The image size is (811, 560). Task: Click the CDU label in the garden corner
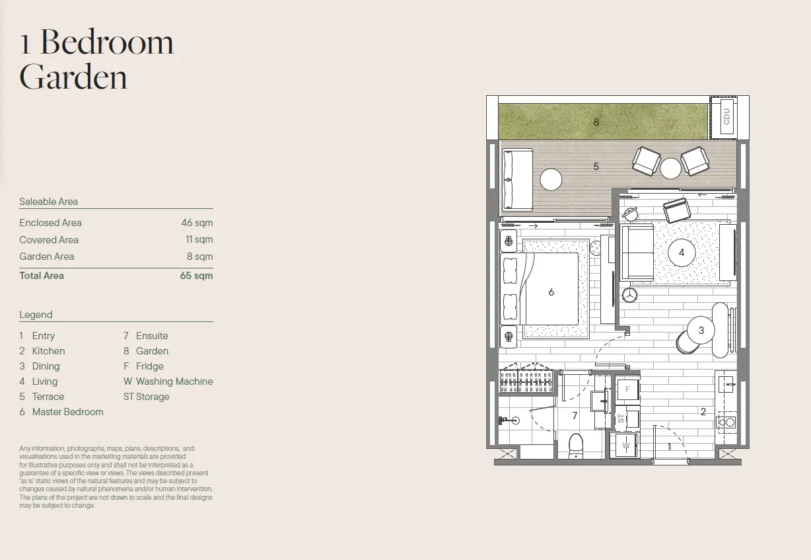(726, 116)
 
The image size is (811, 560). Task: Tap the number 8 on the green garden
(596, 122)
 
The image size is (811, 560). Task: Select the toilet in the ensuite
(576, 446)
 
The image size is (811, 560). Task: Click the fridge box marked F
(627, 389)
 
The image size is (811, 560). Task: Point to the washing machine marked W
(625, 445)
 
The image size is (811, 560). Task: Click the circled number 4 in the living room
(682, 253)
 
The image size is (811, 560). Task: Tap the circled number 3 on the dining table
(701, 330)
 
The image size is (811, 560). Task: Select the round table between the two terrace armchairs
(670, 168)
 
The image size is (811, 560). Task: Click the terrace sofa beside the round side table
(517, 179)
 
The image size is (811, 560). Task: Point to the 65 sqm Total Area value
(196, 276)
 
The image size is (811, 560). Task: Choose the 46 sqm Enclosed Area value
(197, 223)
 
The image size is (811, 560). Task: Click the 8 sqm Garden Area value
(200, 257)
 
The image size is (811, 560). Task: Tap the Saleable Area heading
(48, 202)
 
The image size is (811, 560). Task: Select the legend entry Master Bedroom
(68, 412)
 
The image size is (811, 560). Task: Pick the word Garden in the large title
(73, 77)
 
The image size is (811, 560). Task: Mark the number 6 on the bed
(551, 292)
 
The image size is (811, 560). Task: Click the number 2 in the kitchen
(703, 411)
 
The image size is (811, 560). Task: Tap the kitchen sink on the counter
(726, 383)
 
